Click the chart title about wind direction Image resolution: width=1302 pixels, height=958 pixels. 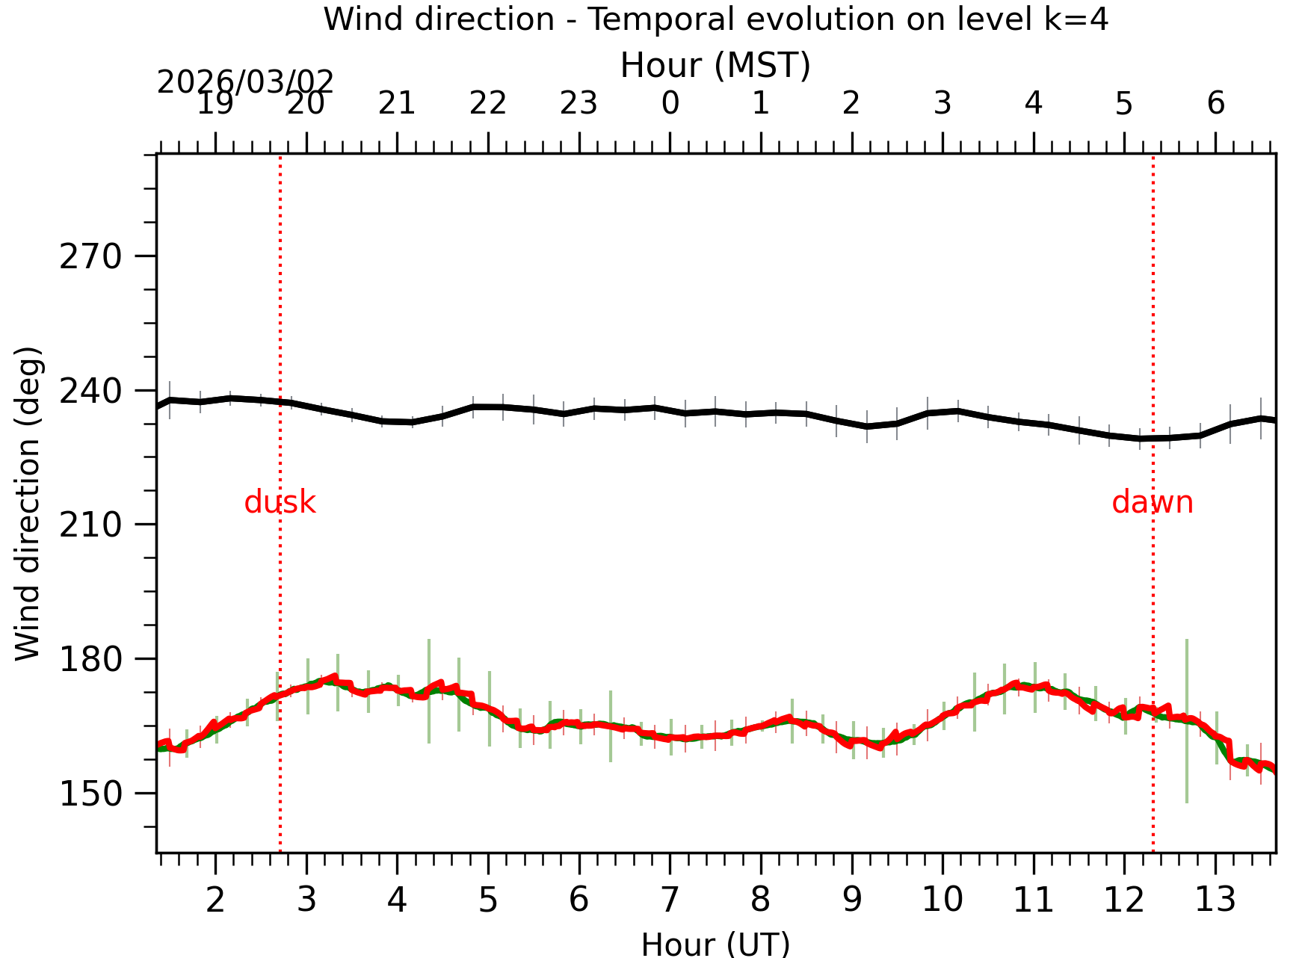[715, 19]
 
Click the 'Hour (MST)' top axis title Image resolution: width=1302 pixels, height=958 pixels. [715, 66]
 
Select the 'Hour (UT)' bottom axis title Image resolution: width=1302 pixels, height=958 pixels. [715, 944]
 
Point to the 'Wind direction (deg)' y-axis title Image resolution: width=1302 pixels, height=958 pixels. [28, 503]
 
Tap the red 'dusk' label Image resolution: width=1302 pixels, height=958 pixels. [280, 502]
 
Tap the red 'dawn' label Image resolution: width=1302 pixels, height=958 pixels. [1152, 502]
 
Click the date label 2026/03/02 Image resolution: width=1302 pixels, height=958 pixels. [245, 82]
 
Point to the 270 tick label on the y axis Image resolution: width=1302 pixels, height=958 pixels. [90, 257]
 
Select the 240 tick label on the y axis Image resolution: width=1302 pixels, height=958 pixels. [90, 391]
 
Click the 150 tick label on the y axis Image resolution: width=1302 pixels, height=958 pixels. [90, 794]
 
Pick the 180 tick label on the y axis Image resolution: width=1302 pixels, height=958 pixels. [90, 659]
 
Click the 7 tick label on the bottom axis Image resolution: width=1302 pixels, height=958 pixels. [670, 900]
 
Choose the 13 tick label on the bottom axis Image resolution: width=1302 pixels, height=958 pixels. [1215, 900]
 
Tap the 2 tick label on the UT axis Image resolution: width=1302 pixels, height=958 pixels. [215, 900]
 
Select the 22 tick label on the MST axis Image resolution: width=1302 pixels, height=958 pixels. [488, 103]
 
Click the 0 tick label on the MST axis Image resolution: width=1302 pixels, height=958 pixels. [670, 103]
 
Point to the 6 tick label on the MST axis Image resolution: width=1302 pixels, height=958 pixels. [1215, 103]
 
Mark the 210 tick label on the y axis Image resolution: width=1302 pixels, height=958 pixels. [90, 525]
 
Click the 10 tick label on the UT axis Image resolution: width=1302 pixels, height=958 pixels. [942, 900]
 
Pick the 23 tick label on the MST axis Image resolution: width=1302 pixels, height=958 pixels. [579, 103]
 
